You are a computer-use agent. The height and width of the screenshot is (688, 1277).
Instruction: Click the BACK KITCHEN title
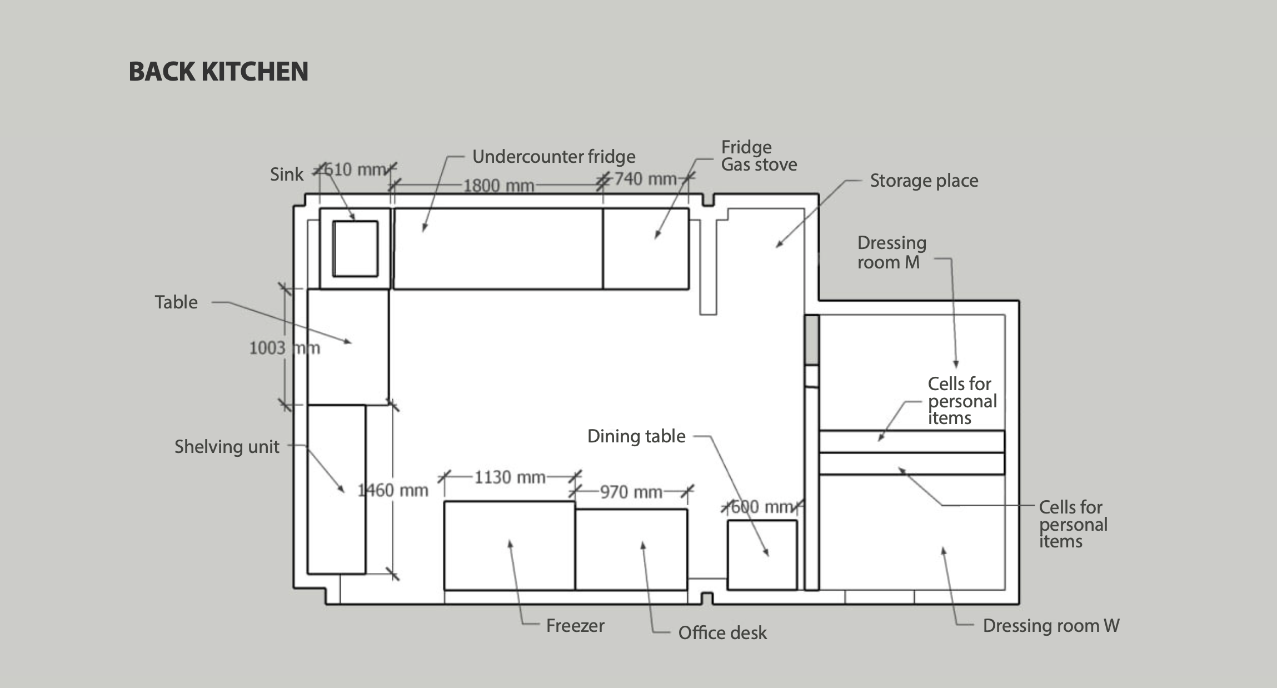pos(218,72)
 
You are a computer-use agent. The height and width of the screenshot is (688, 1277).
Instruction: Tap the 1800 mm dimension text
pos(498,185)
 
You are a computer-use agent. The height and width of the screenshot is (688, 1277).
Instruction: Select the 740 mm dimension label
pos(645,179)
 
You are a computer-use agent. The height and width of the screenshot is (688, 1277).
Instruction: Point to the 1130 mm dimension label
pos(510,477)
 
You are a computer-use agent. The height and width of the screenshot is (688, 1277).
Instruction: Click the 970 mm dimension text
pos(631,492)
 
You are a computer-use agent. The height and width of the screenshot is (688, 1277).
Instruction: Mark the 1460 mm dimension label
pos(393,490)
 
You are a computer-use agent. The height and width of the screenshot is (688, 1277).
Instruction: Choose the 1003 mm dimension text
pos(285,348)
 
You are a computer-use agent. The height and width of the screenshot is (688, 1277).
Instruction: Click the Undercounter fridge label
pos(553,157)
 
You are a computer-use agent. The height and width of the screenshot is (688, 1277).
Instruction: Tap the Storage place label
pos(924,181)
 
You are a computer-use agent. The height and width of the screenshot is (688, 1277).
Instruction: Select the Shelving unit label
pos(227,447)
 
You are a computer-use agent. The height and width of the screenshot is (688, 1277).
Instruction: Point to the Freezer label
pos(575,626)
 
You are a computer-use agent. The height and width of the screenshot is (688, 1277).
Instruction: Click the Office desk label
pos(722,632)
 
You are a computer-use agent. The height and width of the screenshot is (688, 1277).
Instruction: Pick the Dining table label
pos(636,436)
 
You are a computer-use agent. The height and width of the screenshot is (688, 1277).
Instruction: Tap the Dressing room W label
pos(1051,626)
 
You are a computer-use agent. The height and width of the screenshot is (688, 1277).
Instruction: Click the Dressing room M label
pos(892,252)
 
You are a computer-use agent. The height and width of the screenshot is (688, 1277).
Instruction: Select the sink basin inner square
pos(355,248)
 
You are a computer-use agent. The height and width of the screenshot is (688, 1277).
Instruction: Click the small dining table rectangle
pos(762,555)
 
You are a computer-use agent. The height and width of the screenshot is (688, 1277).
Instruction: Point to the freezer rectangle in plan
pos(510,545)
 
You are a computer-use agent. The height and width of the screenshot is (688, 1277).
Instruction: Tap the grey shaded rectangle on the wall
pos(812,340)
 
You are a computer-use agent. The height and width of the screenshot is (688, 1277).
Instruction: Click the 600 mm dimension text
pos(762,507)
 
